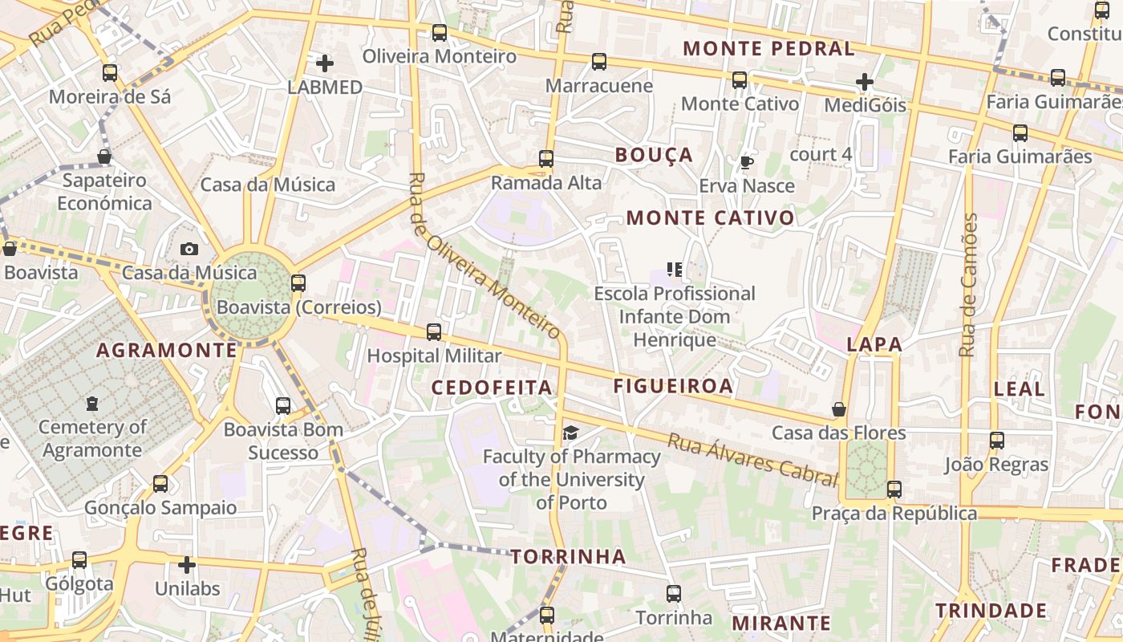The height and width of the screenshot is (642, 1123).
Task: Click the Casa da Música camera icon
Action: tap(189, 249)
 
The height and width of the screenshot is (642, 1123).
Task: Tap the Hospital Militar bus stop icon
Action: tap(434, 331)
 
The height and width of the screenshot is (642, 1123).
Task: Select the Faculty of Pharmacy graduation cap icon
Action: tap(570, 433)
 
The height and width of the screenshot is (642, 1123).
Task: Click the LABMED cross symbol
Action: tap(325, 63)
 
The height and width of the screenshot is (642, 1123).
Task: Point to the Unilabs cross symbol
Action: tap(187, 565)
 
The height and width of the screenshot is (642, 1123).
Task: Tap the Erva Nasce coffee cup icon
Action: tap(747, 162)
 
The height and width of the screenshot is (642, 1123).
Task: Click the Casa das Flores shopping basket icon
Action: tap(839, 409)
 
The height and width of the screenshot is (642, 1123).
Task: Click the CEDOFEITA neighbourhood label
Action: tap(492, 388)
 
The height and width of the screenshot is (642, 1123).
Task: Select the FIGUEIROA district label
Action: tap(673, 386)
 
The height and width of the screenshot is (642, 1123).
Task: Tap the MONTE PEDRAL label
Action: tap(768, 48)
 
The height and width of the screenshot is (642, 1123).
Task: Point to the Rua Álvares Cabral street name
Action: tap(752, 459)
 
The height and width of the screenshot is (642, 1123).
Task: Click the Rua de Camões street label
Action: tap(969, 285)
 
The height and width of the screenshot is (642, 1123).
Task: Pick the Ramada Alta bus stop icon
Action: tap(546, 158)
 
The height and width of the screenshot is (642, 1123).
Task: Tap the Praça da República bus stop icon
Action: tap(894, 489)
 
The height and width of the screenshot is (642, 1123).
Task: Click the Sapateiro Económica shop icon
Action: tap(104, 156)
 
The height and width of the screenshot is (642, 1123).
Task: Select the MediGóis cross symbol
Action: tap(864, 81)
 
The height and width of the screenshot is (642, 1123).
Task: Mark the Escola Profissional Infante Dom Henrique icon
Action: tap(675, 269)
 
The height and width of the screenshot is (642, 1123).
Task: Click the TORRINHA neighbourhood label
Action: tap(568, 556)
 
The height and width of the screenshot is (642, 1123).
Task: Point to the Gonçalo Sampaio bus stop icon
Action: tap(160, 483)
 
